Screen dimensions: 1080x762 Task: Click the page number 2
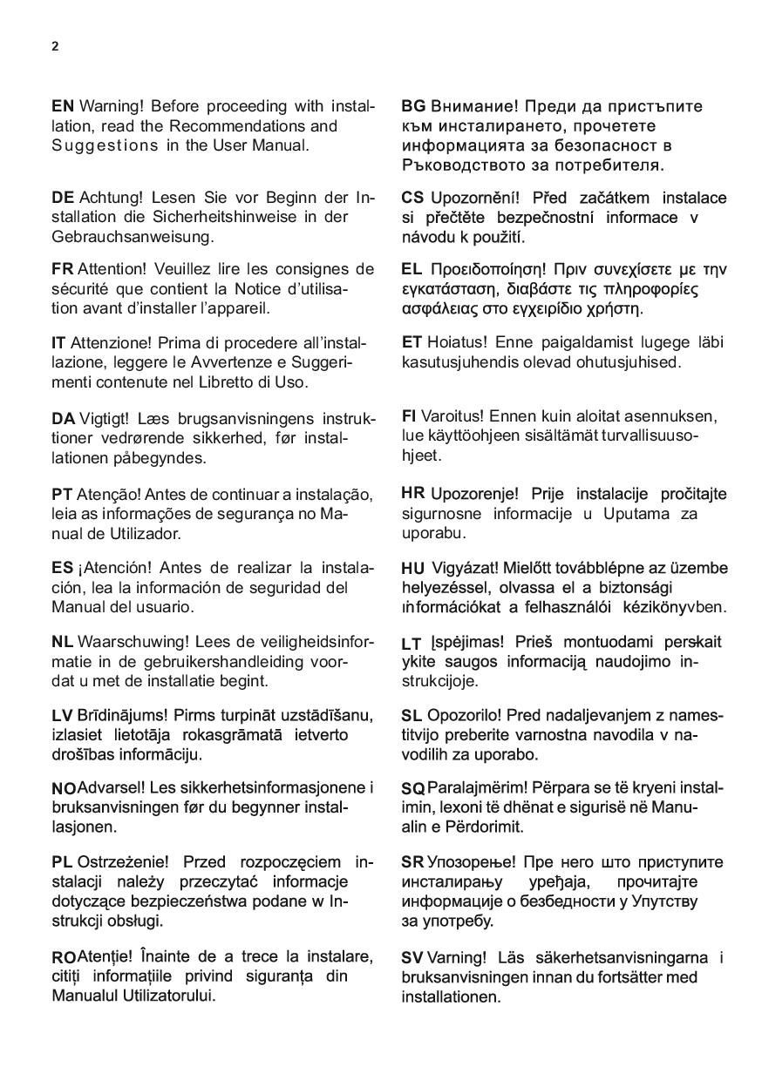(x=55, y=47)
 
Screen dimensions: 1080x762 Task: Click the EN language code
(x=63, y=106)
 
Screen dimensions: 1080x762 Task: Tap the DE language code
(x=63, y=198)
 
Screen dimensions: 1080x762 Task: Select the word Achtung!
(x=109, y=198)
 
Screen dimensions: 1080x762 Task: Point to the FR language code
(x=63, y=269)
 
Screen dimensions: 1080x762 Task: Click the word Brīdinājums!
(x=121, y=716)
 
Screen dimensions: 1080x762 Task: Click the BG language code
(x=413, y=106)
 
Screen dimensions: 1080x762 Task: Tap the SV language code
(x=412, y=958)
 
